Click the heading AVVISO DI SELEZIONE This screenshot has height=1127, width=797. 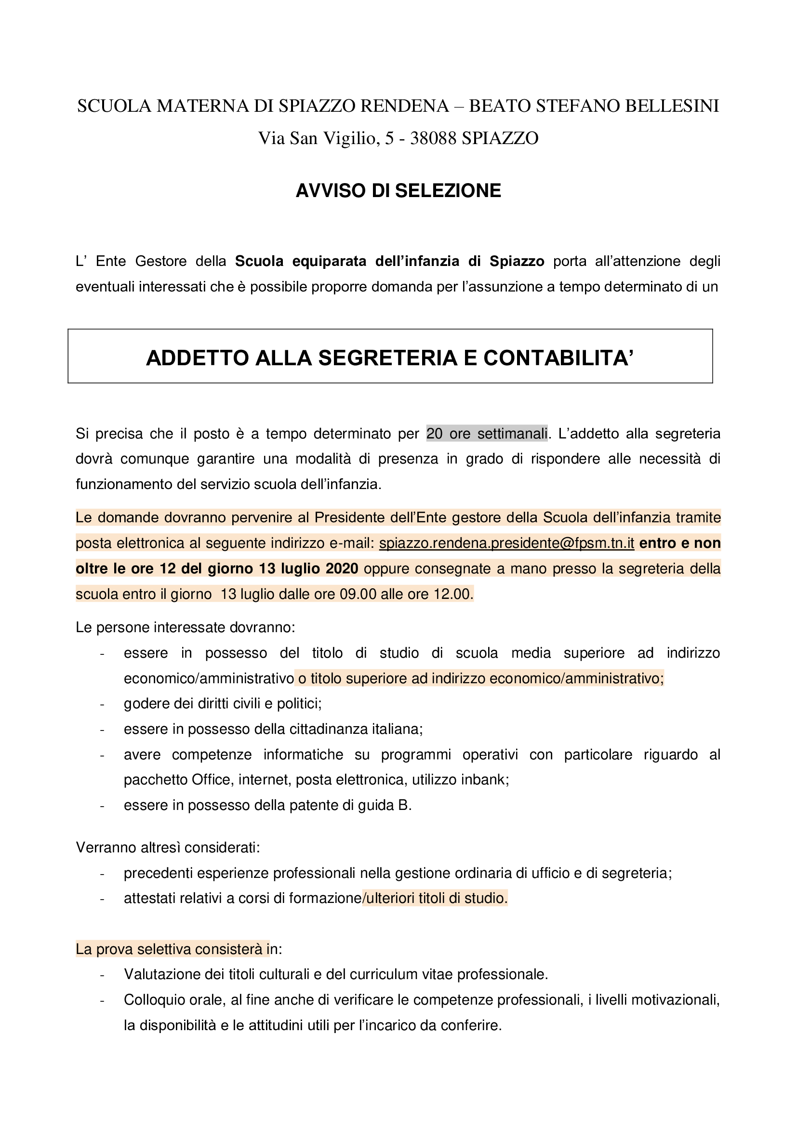tap(398, 191)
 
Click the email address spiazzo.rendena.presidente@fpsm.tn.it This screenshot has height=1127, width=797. tap(506, 544)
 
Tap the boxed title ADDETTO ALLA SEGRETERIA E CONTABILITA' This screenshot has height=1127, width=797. tap(390, 358)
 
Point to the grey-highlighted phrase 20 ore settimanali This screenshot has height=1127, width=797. tap(486, 434)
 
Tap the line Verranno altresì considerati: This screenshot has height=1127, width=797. tap(168, 848)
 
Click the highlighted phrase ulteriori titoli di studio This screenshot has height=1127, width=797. tap(436, 898)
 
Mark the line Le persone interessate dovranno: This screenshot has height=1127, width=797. tap(186, 628)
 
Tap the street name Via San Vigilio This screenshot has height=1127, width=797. tap(319, 138)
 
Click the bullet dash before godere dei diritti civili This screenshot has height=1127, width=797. tap(102, 704)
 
